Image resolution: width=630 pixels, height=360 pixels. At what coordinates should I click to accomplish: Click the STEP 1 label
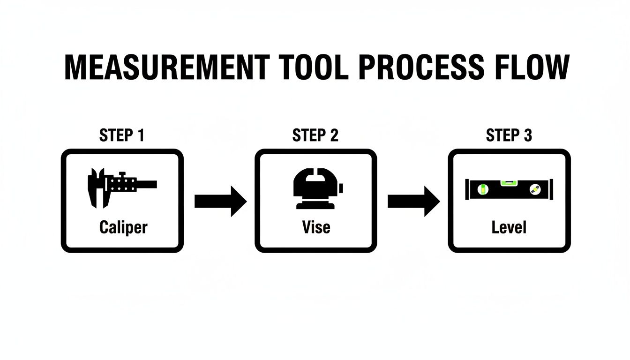coord(122,136)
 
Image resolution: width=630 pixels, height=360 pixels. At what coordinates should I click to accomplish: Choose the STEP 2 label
coord(315,136)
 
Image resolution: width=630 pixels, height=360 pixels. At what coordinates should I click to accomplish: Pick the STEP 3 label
coord(509,136)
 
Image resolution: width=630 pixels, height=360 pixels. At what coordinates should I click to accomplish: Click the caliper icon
coord(122,186)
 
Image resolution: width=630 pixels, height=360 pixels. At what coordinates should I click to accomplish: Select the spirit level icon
coord(509,189)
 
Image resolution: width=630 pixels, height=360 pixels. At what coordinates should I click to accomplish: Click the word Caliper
coord(123,228)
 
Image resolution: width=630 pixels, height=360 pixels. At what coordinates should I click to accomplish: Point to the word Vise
coord(316,228)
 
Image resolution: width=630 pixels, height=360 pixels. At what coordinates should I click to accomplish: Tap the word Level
coord(509,228)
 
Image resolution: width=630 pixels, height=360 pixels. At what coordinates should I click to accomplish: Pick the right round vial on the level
coord(534,189)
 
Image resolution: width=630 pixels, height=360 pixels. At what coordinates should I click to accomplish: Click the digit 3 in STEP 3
coord(527,136)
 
